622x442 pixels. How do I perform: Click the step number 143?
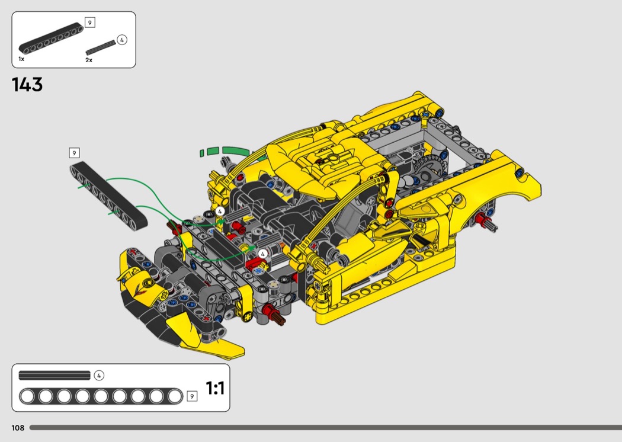tap(27, 85)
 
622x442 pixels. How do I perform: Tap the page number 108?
tap(18, 428)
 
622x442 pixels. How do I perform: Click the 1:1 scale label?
tap(215, 387)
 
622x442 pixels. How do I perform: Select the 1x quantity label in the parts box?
tap(21, 59)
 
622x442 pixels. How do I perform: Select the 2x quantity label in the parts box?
tap(89, 60)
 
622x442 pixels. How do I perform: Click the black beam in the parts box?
tap(51, 38)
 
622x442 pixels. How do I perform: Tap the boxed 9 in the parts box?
tap(90, 23)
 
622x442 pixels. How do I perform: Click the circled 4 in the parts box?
tap(122, 40)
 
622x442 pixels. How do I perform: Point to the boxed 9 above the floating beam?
tap(74, 153)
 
